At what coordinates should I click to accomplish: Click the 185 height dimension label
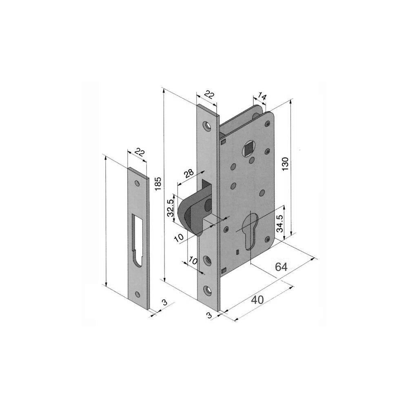(158, 184)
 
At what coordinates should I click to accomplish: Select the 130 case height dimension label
(286, 164)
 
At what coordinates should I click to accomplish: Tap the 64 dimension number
(281, 267)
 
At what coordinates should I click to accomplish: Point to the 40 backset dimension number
(257, 300)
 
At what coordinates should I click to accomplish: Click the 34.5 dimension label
(279, 224)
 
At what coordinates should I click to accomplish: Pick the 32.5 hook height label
(171, 208)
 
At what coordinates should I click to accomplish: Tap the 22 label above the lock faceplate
(209, 95)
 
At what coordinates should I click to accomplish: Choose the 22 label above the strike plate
(140, 152)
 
